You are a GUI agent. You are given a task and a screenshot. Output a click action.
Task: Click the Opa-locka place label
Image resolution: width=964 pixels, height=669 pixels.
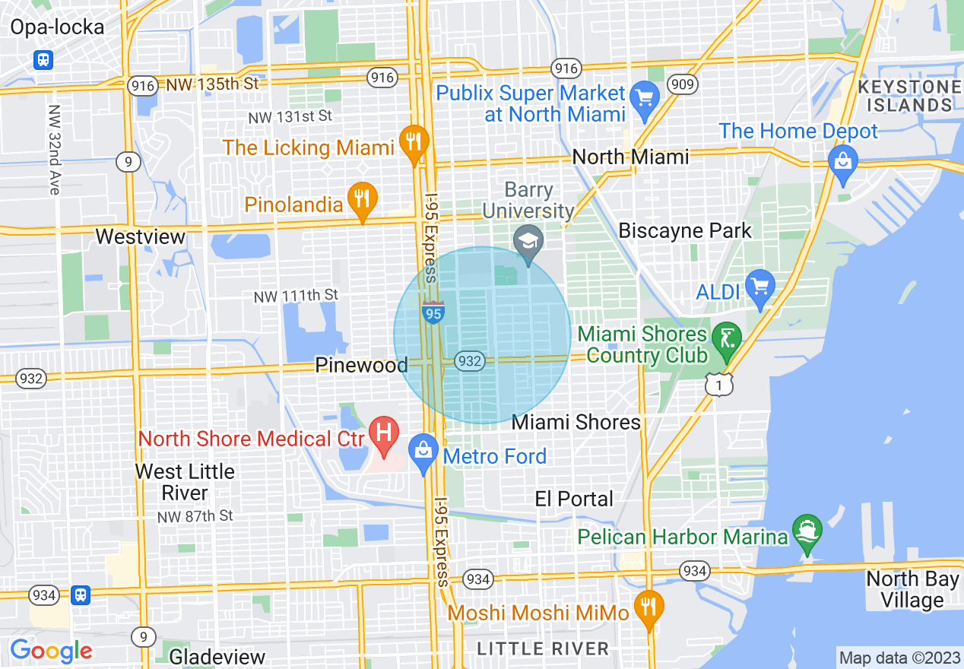(57, 28)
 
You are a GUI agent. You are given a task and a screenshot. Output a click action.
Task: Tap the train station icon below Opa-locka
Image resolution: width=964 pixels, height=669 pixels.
(43, 59)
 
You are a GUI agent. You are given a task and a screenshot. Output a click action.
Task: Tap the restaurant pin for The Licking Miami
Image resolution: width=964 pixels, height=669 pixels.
(413, 142)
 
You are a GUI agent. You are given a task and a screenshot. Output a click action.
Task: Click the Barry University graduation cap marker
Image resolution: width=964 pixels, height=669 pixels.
(528, 243)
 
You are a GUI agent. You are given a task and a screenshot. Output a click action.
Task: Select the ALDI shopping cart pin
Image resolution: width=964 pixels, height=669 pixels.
(759, 287)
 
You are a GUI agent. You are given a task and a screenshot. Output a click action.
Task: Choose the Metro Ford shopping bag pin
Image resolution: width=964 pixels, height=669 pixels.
(423, 452)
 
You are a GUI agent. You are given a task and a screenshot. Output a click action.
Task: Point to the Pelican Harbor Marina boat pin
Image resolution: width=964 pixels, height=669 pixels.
(806, 531)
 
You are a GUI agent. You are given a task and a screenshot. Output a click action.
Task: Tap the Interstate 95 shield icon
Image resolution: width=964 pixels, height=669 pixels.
(433, 312)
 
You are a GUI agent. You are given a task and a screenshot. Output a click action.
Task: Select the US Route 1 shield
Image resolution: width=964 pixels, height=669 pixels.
(719, 385)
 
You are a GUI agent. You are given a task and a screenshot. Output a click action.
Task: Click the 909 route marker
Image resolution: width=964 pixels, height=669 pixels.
(683, 84)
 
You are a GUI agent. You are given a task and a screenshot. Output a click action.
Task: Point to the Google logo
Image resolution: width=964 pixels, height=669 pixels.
(51, 651)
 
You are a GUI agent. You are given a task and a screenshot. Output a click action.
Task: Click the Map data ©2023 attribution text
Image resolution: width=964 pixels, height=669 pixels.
(899, 657)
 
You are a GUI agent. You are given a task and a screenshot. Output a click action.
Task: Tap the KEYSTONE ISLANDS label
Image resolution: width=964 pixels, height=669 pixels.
(909, 97)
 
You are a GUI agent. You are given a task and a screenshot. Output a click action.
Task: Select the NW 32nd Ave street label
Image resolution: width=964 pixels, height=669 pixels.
(53, 150)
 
